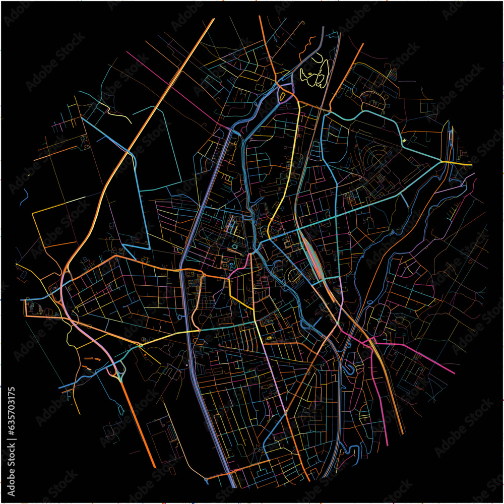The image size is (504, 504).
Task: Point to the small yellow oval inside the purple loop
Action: point(283,94)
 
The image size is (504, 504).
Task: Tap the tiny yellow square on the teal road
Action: point(404,140)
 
